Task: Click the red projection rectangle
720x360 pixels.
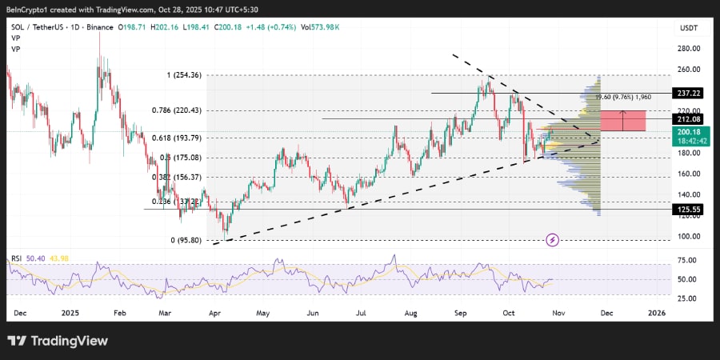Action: pyautogui.click(x=622, y=121)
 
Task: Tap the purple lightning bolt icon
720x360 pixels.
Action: pyautogui.click(x=553, y=239)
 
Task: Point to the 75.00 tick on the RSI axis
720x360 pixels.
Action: pyautogui.click(x=686, y=260)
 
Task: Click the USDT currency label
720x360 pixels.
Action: pyautogui.click(x=688, y=27)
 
